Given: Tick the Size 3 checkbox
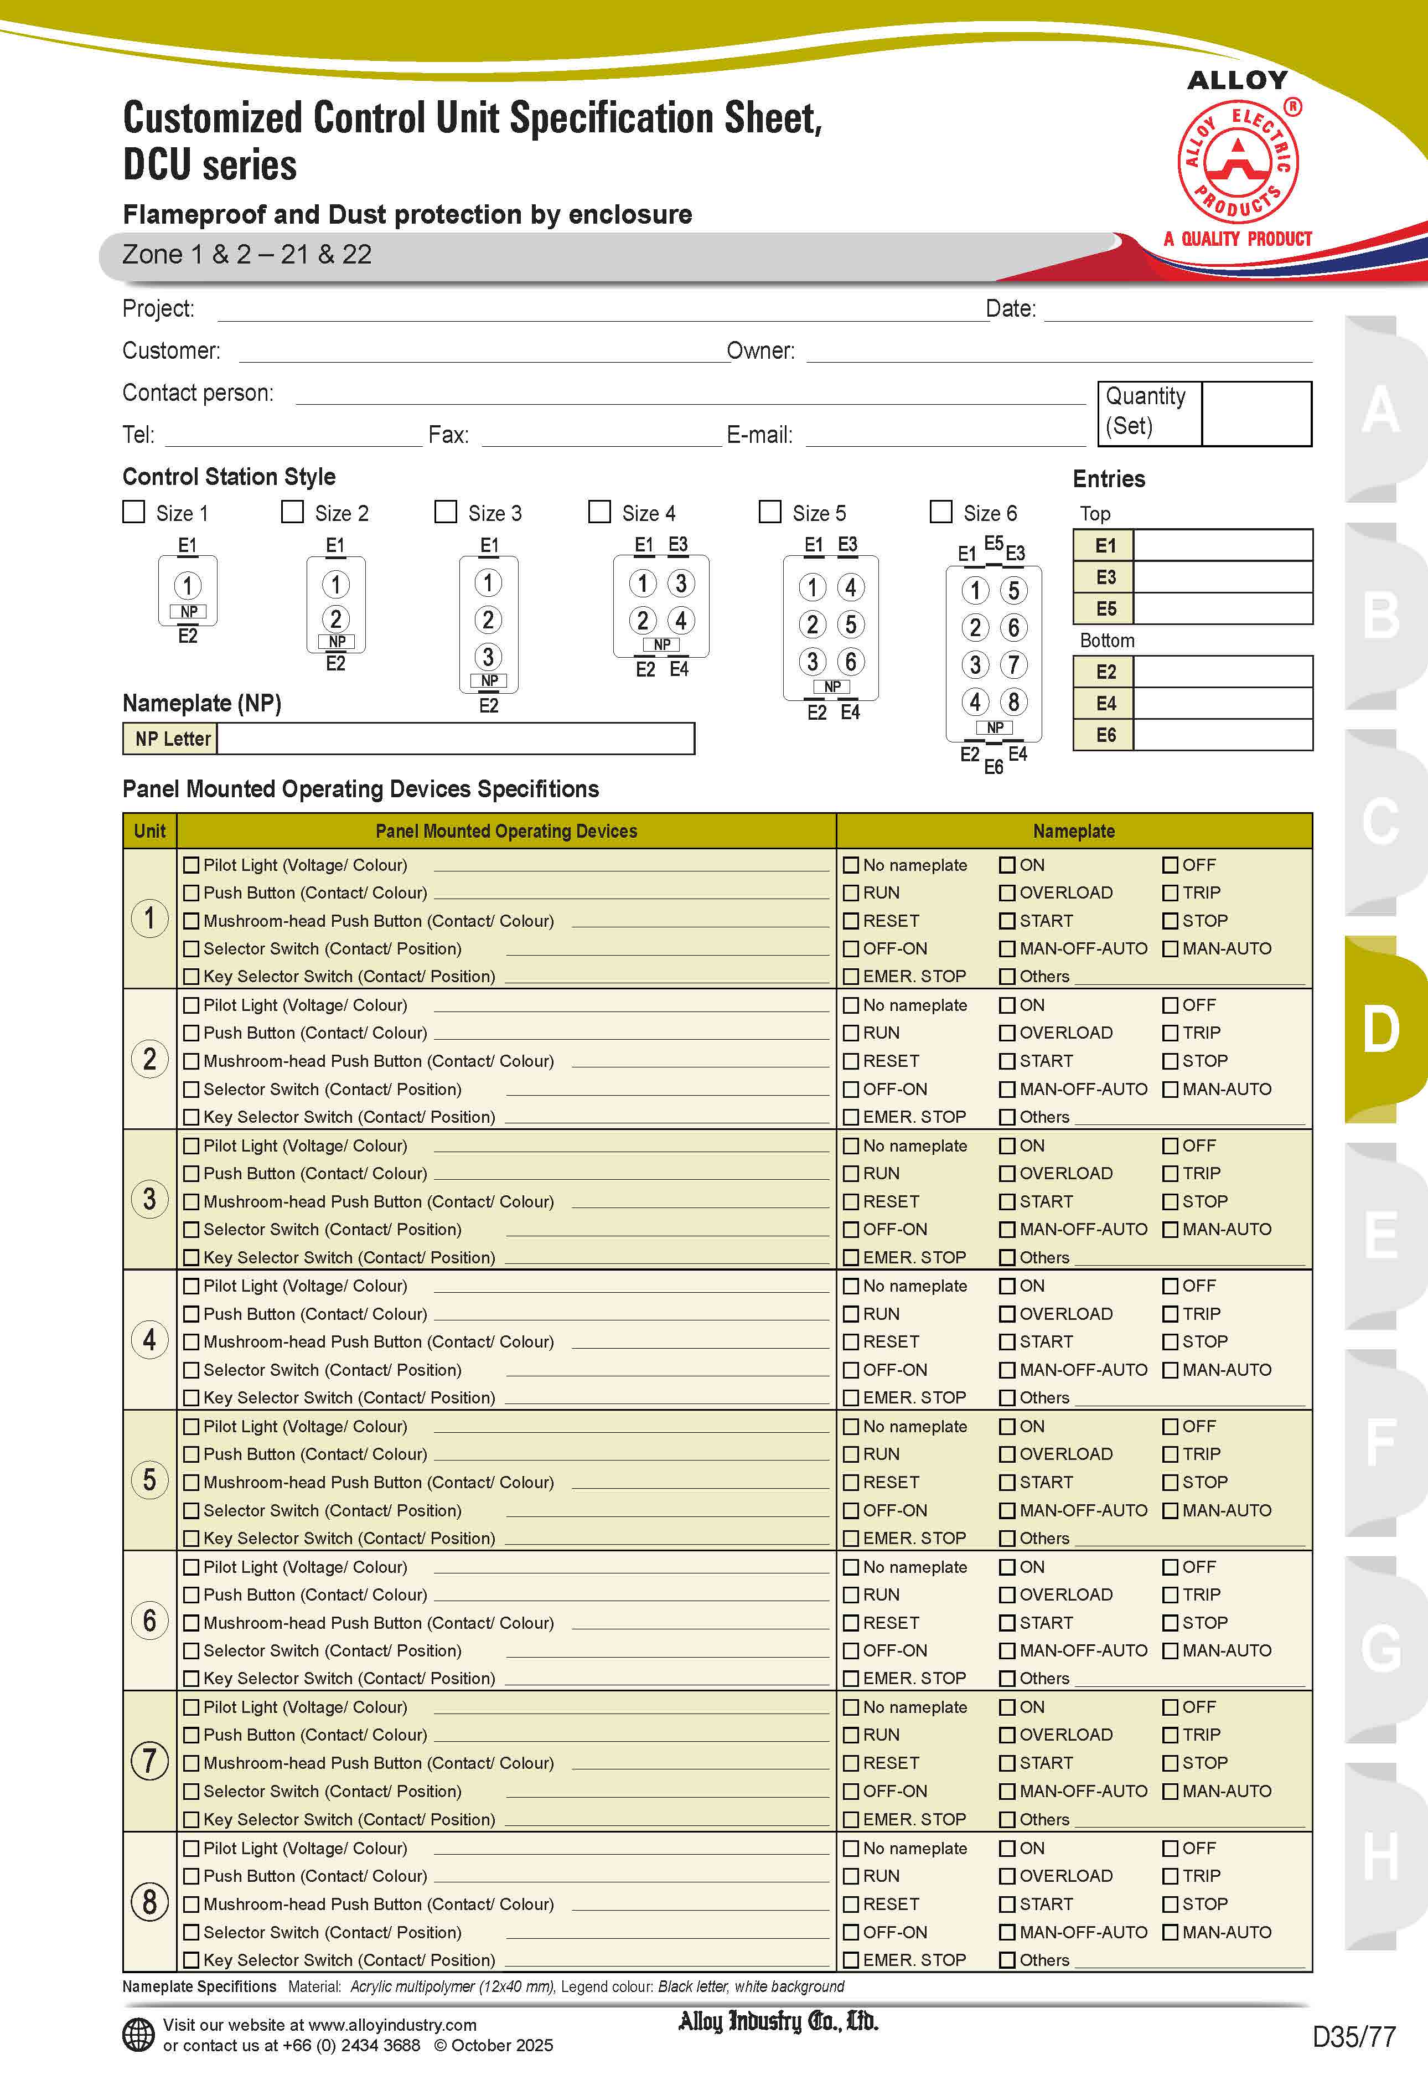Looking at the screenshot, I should (446, 512).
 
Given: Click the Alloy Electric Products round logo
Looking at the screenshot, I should (1238, 162).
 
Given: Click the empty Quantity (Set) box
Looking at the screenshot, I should (1256, 414).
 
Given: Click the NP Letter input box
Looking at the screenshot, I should (455, 739).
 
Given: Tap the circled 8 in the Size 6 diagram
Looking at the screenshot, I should (1013, 701).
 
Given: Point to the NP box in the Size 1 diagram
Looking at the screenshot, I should (188, 612).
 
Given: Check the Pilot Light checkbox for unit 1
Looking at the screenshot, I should (191, 865).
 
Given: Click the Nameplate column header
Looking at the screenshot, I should (1074, 831).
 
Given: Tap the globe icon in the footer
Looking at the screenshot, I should (138, 2035).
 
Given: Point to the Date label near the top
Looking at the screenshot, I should (1011, 308).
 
